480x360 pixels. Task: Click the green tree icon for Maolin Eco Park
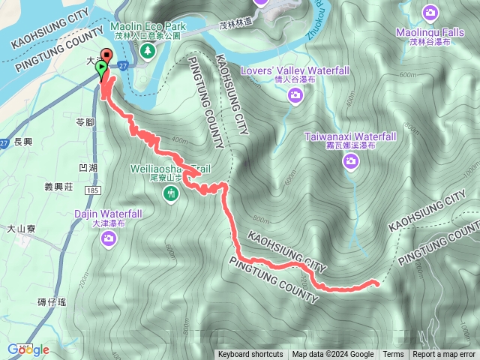point(148,50)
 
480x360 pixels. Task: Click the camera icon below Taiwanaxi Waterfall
point(350,160)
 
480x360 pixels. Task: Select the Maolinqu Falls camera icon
point(430,13)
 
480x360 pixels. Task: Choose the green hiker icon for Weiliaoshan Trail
point(172,194)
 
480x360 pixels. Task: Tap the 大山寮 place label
point(22,229)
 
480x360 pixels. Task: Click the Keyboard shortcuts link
point(250,355)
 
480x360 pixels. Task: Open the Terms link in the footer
point(393,355)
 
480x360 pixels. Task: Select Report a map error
point(444,355)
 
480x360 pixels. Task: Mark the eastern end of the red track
point(376,283)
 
